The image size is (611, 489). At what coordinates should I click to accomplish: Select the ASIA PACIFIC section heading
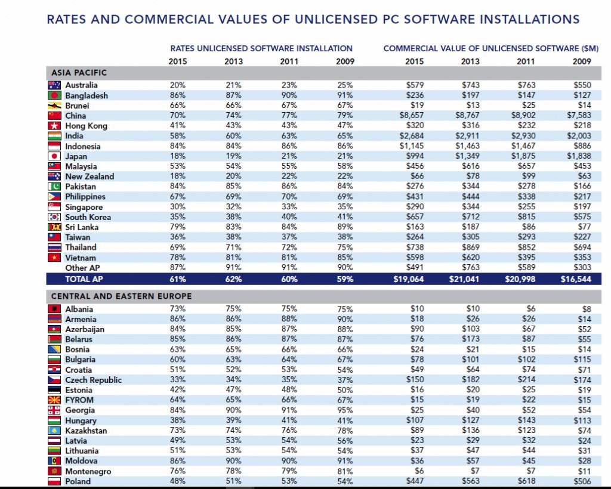pyautogui.click(x=79, y=73)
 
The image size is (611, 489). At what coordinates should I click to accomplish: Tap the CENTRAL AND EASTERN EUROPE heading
pyautogui.click(x=121, y=296)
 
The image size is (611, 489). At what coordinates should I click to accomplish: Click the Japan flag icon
pyautogui.click(x=54, y=156)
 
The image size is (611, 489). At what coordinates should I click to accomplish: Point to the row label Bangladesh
pyautogui.click(x=87, y=95)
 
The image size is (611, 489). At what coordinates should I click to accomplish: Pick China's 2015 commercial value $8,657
pyautogui.click(x=412, y=116)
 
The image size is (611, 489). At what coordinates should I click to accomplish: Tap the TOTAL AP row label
pyautogui.click(x=85, y=278)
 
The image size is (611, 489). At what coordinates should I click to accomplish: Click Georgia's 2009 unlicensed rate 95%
pyautogui.click(x=344, y=410)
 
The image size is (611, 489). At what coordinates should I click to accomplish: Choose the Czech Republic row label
pyautogui.click(x=93, y=380)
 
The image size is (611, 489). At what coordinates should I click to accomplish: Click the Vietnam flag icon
pyautogui.click(x=54, y=258)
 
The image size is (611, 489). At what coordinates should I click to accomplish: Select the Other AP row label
pyautogui.click(x=82, y=268)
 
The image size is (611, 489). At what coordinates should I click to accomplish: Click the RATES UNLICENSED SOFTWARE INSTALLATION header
pyautogui.click(x=261, y=48)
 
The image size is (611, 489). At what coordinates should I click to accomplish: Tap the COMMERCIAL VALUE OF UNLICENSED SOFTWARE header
pyautogui.click(x=490, y=48)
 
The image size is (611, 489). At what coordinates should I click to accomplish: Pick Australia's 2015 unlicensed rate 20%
pyautogui.click(x=177, y=85)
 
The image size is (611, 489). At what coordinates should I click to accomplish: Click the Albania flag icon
pyautogui.click(x=54, y=309)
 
